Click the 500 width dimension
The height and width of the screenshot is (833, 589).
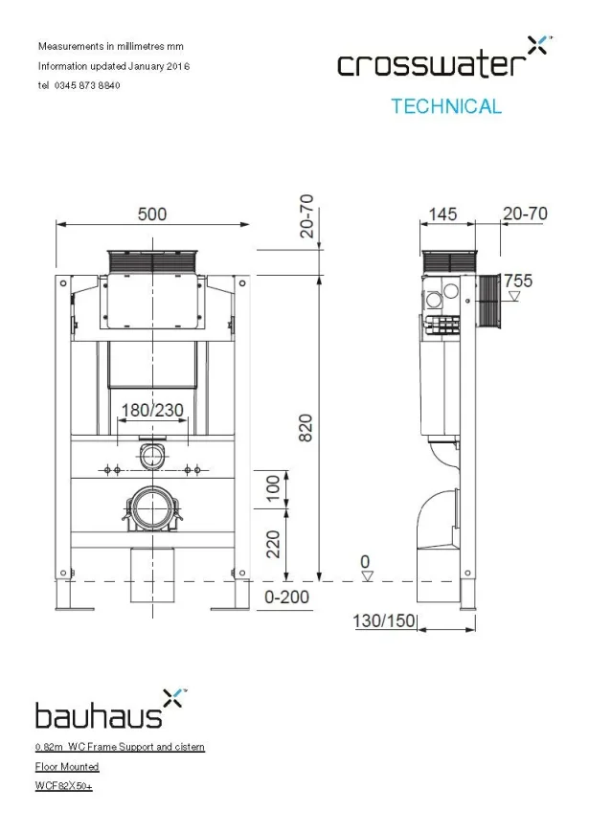coord(151,214)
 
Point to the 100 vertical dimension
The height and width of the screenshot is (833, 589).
coord(275,487)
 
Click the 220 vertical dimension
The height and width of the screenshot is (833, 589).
coord(275,544)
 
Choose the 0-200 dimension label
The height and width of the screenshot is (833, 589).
coord(287,597)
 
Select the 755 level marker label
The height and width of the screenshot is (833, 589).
coord(518,281)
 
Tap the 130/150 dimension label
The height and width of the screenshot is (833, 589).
coord(384,620)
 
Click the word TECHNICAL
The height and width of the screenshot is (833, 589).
coord(445,106)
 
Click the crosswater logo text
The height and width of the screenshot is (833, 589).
coord(431,64)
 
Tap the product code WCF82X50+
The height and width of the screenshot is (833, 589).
coord(63,786)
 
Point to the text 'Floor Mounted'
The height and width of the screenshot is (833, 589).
coord(67,766)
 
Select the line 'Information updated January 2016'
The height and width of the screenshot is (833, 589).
coord(113,66)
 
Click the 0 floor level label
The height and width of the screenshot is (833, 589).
coord(364,560)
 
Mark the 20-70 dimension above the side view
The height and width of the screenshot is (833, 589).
coord(525,214)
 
